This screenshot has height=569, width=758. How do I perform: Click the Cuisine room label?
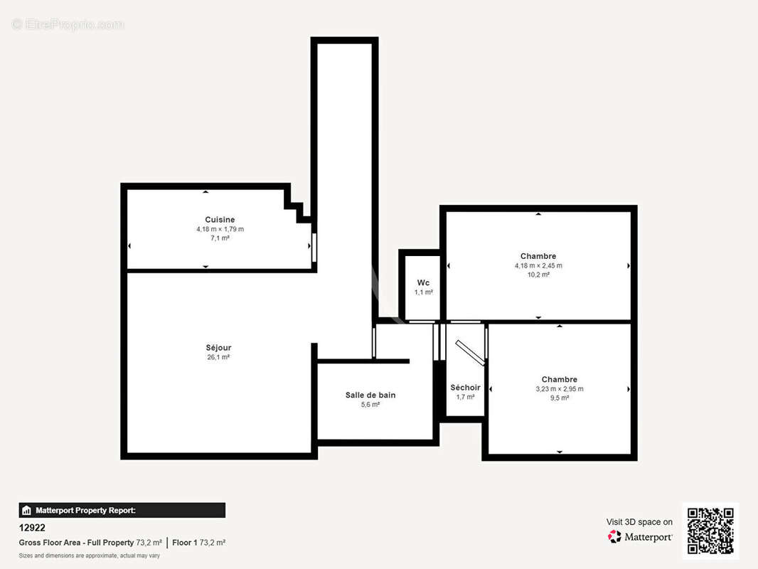(220, 220)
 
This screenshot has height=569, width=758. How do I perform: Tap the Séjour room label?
(218, 348)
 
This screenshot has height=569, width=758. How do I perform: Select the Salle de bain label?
(370, 395)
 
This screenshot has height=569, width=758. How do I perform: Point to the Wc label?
(423, 282)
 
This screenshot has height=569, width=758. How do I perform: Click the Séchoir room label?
(465, 388)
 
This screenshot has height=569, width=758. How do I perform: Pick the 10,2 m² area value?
(538, 275)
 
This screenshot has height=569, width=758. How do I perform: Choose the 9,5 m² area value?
(559, 398)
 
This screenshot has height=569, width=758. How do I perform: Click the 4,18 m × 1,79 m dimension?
(220, 229)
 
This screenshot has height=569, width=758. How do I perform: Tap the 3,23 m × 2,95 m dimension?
(559, 389)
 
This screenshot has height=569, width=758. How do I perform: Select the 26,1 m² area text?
(218, 357)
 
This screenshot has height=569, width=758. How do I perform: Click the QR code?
(710, 531)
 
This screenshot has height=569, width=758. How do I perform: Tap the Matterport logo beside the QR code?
(640, 537)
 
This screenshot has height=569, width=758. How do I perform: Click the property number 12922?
(32, 528)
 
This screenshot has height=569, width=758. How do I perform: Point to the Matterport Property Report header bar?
(122, 510)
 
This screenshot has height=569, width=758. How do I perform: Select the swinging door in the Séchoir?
(470, 352)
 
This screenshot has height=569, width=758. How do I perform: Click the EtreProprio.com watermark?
(68, 24)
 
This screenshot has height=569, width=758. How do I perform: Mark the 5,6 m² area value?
(370, 404)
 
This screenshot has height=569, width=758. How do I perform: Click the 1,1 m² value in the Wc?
(423, 292)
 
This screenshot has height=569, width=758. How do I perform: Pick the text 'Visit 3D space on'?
(639, 522)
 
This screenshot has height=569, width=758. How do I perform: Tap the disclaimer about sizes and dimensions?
(89, 555)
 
